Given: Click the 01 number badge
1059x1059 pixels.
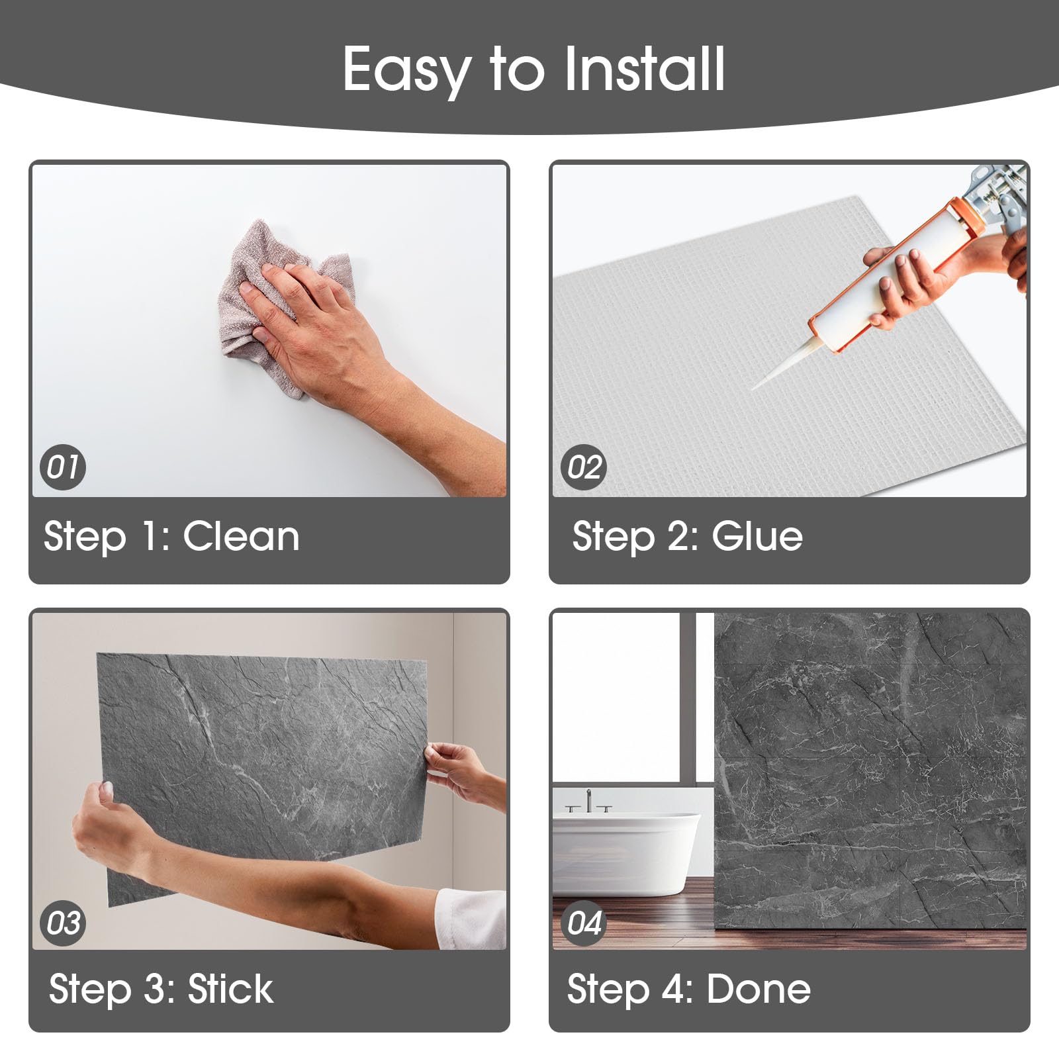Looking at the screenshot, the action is point(63,467).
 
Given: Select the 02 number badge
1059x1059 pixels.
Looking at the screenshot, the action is point(584,467).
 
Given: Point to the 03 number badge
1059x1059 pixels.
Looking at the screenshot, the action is point(63,923).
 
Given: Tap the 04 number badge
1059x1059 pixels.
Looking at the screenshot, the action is point(584,923).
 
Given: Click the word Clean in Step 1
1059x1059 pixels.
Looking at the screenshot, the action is point(241,536).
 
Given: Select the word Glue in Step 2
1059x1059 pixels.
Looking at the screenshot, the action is point(757,536).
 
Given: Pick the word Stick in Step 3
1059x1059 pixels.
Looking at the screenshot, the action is point(230,990).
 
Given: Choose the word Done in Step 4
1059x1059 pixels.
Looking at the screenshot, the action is point(759,990).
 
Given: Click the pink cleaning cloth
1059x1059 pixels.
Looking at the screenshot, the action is point(278,304).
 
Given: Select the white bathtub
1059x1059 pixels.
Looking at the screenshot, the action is point(626,854).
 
